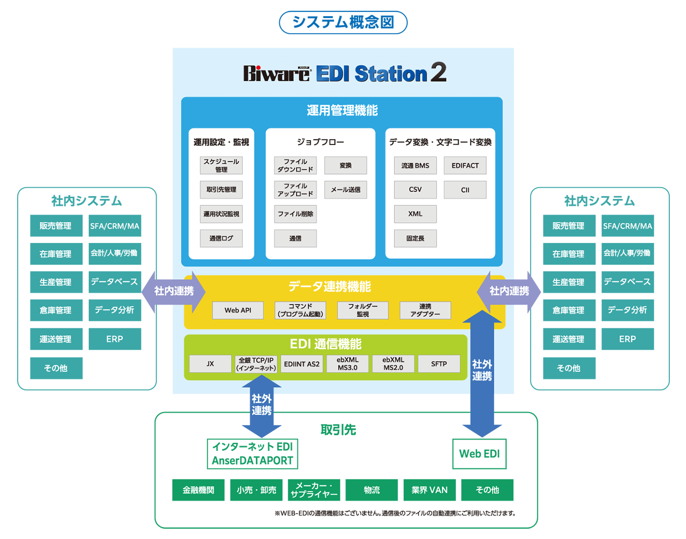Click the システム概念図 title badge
tap(343, 23)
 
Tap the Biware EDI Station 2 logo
tap(345, 73)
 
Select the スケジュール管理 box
tap(221, 165)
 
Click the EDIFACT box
tap(465, 165)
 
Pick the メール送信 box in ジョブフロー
tap(345, 190)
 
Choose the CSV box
tap(415, 190)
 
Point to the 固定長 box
tap(415, 238)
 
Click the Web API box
tap(238, 310)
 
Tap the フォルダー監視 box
tap(363, 310)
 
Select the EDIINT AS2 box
tap(302, 364)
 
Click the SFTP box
tap(439, 364)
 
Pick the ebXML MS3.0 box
tap(347, 364)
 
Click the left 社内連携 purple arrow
tap(173, 292)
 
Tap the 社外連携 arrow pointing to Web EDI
tap(482, 373)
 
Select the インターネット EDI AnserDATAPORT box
tap(252, 454)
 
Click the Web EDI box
tap(480, 454)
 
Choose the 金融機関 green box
tap(198, 490)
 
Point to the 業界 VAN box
tap(430, 490)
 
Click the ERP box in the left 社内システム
tap(115, 339)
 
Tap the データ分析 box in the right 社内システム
tap(628, 310)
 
